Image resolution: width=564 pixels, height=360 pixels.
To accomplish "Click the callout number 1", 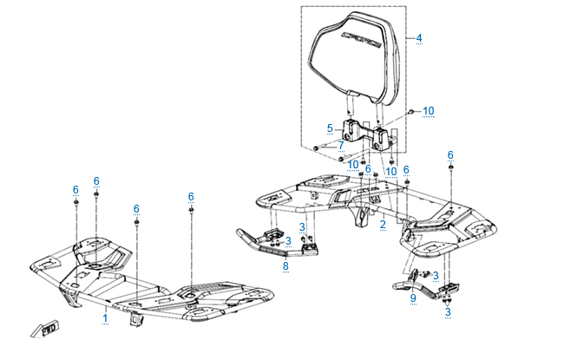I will [105, 318].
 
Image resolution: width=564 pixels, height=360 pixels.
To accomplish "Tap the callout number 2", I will [382, 224].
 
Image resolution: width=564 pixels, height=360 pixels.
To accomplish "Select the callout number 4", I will [419, 38].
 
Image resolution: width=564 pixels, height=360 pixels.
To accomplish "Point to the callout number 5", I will [330, 128].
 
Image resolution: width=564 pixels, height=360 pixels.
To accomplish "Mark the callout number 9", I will [413, 298].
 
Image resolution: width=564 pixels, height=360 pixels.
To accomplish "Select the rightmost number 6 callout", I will [450, 155].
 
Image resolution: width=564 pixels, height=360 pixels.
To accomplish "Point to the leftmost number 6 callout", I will [75, 189].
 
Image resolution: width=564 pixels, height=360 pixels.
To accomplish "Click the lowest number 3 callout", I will [448, 311].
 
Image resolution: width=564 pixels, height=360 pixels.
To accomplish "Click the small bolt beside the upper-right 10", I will [410, 113].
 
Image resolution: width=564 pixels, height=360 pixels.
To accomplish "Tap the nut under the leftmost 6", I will [76, 205].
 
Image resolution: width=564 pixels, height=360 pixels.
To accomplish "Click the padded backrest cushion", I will [356, 56].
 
